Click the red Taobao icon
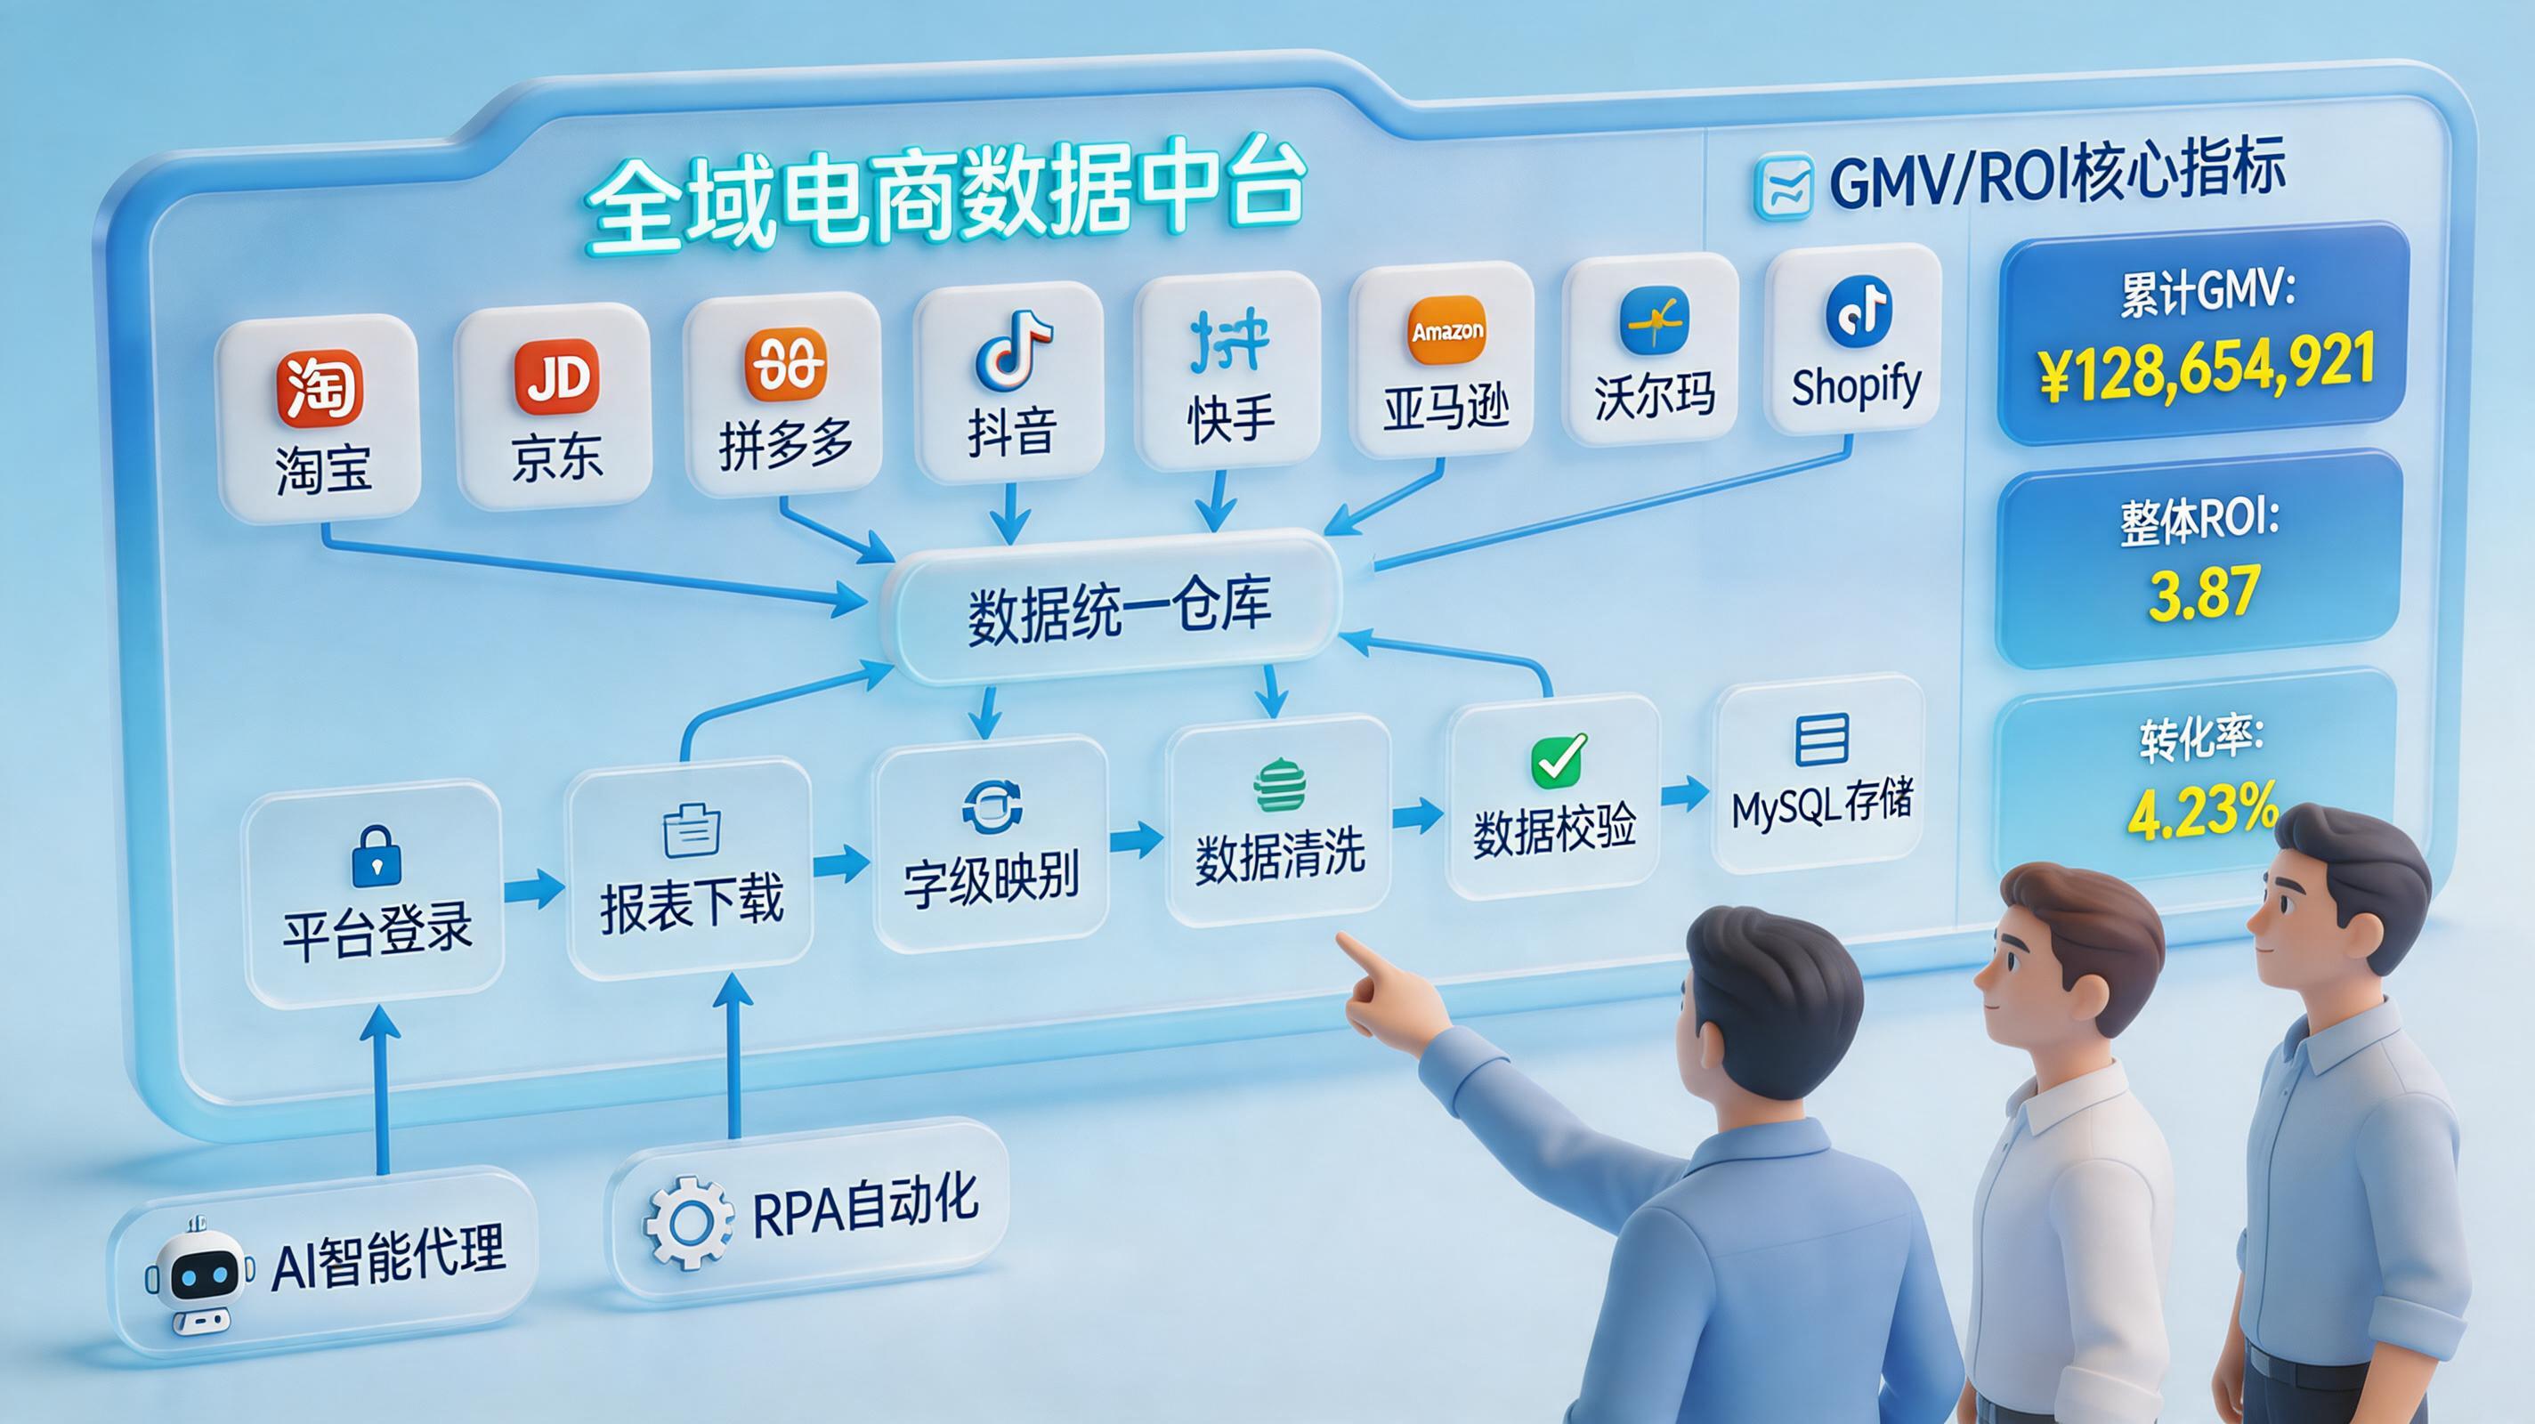[x=319, y=387]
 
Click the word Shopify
[x=1856, y=384]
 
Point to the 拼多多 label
[x=785, y=448]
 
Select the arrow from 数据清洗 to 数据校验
[x=1417, y=816]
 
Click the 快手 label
[x=1230, y=418]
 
